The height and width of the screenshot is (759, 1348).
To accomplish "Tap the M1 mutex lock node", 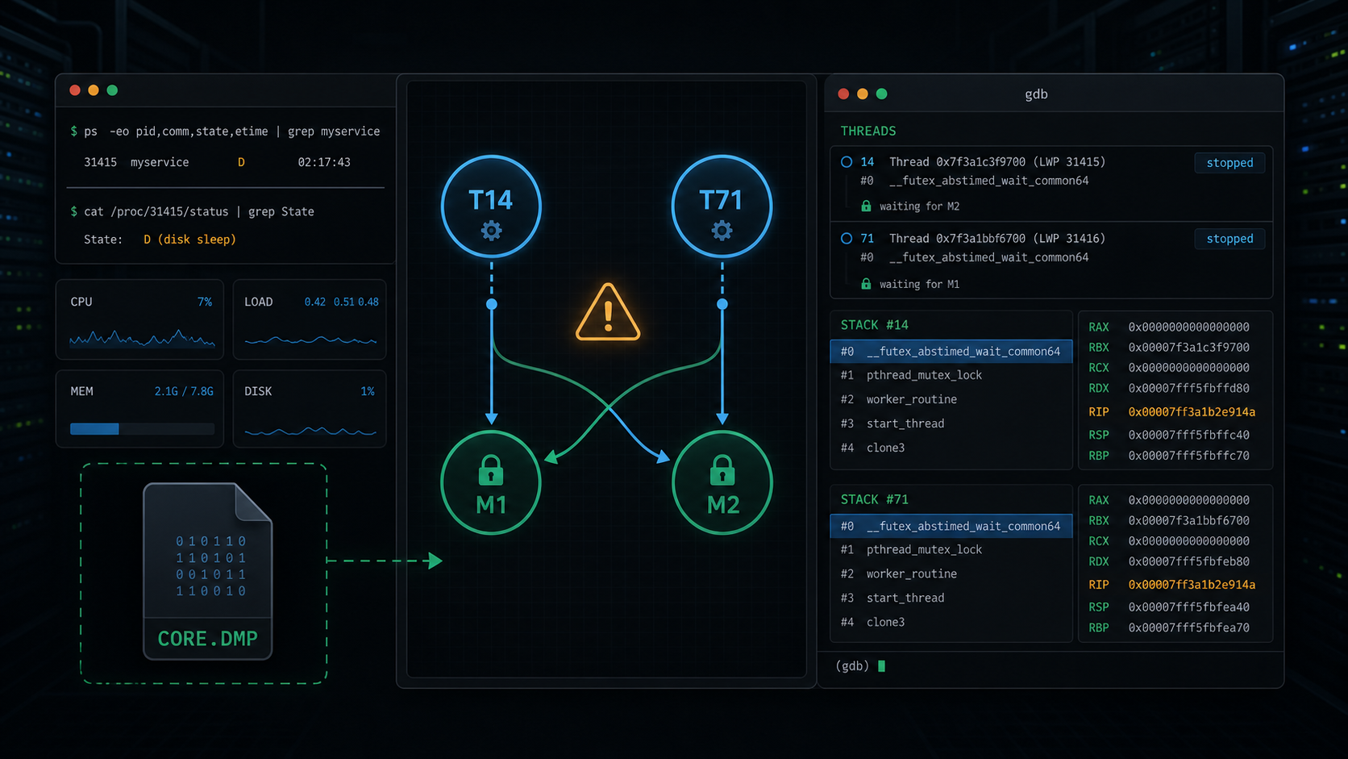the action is point(491,482).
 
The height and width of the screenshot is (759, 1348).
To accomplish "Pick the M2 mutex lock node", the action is point(722,482).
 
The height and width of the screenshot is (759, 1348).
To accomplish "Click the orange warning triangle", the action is point(608,313).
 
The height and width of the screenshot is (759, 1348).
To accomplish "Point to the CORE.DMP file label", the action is point(208,638).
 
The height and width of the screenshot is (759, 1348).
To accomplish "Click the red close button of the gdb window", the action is point(843,94).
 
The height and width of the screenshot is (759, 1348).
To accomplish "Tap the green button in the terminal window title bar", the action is point(112,90).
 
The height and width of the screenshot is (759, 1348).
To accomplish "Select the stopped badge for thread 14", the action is point(1229,162).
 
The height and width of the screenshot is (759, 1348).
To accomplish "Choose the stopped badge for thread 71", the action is point(1229,239).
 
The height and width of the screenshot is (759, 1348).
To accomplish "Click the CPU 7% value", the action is point(205,302).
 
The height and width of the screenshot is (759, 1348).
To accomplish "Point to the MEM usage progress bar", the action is point(142,428).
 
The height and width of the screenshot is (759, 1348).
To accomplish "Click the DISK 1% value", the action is point(367,391).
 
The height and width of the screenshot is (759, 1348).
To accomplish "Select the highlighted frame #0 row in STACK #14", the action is point(951,351).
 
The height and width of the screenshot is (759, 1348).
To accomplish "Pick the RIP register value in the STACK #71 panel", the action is point(1192,585).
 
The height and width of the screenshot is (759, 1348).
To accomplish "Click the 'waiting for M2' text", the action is point(920,206).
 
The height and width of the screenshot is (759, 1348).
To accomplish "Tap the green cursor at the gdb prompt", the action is point(882,665).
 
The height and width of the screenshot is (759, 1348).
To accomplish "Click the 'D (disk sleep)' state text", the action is point(189,240).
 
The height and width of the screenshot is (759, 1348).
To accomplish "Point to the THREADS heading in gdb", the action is point(867,131).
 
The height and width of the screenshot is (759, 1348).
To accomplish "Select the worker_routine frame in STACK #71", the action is point(911,573).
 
